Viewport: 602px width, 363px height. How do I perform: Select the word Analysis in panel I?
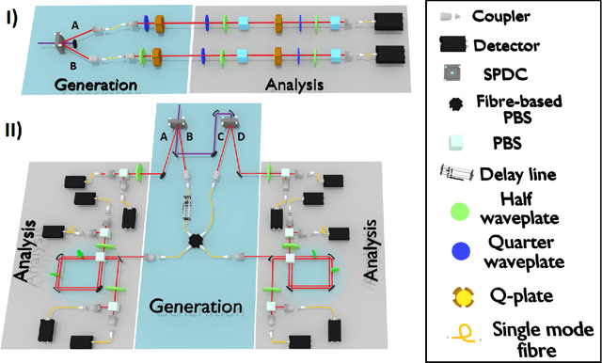[x=293, y=85]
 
